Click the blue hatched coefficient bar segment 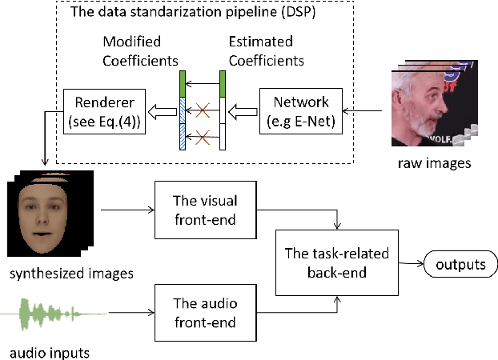click(183, 126)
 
